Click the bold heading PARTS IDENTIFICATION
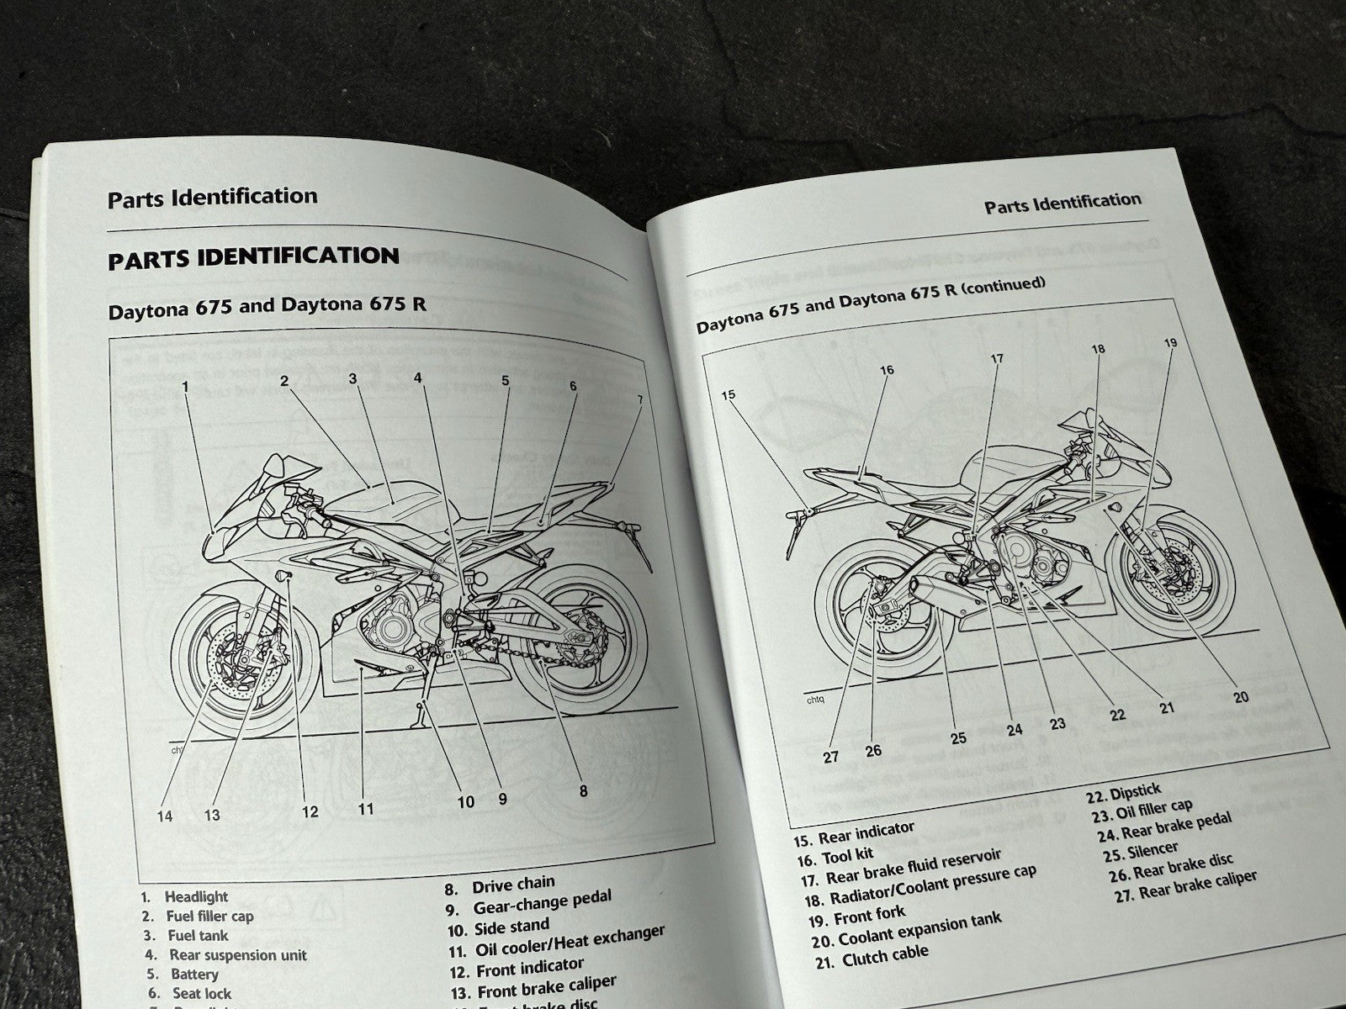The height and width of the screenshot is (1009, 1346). click(253, 257)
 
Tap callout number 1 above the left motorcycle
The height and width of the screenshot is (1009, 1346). click(186, 386)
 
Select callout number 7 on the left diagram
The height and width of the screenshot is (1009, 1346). click(639, 399)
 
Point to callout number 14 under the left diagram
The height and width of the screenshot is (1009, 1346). click(164, 816)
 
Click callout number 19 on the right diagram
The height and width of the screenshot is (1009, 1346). click(1170, 342)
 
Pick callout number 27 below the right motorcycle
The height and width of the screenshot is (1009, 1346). click(831, 756)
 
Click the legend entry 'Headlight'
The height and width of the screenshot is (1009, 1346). click(196, 897)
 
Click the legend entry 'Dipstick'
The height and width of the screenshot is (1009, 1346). click(1136, 792)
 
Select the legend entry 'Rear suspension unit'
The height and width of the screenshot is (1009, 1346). click(238, 955)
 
